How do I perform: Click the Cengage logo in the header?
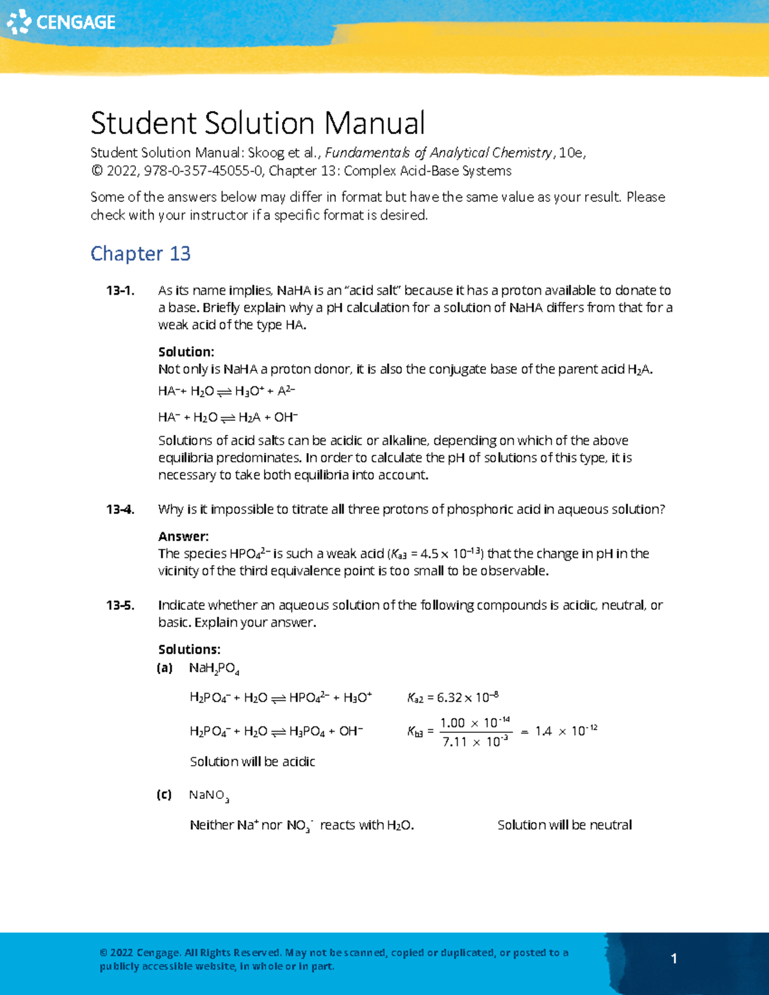[61, 22]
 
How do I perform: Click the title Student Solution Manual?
[257, 123]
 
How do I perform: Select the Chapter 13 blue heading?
[140, 254]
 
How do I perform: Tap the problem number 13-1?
[120, 291]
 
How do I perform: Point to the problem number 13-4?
[120, 510]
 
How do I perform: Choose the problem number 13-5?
[120, 605]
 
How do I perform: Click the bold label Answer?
[183, 537]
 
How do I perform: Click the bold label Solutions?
[189, 650]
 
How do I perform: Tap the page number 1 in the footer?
[674, 958]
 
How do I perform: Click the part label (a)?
[165, 668]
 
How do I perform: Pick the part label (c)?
[164, 795]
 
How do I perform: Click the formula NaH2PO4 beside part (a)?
[214, 669]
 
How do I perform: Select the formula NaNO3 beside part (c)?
[209, 796]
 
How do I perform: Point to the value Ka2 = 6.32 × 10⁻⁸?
[452, 698]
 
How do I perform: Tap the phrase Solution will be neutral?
[564, 825]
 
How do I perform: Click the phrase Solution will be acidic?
[252, 762]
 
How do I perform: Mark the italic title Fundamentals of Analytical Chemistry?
[438, 153]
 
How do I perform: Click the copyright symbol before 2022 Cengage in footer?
[103, 953]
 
